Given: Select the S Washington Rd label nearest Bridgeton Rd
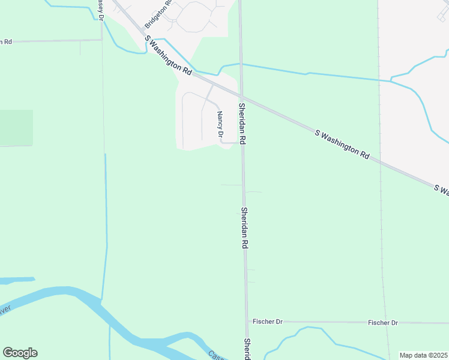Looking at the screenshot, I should [x=169, y=55].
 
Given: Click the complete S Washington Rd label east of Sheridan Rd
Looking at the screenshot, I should [x=342, y=143].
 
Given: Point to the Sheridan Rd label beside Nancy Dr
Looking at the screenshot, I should [x=243, y=123].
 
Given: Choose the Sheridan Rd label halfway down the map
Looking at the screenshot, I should [x=244, y=229].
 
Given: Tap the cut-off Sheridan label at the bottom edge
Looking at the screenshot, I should [x=247, y=349].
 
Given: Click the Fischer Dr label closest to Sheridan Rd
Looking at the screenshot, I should [x=267, y=322].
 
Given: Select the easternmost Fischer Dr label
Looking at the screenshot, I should [x=382, y=323].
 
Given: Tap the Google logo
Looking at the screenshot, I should [x=20, y=353].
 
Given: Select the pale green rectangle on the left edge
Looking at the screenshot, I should [x=16, y=128].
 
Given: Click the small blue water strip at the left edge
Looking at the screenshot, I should [x=16, y=280].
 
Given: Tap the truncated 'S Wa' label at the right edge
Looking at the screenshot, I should [x=441, y=190].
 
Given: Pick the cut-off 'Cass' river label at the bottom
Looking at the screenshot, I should [x=215, y=355].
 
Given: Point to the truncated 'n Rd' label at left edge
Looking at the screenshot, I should [x=6, y=41].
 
